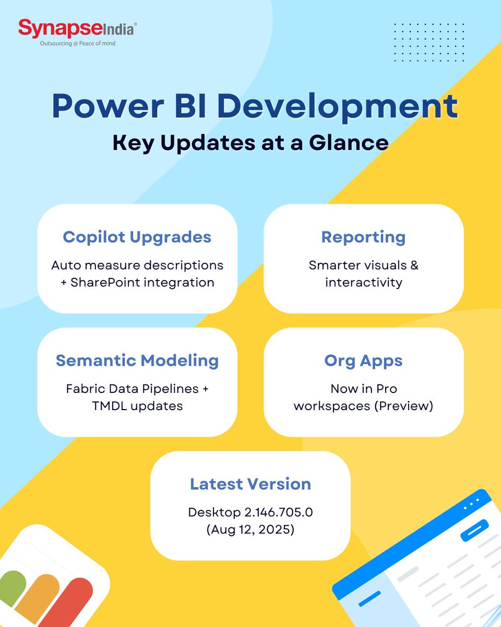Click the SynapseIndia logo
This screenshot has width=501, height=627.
(x=77, y=28)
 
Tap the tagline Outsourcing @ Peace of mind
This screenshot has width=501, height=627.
(x=78, y=44)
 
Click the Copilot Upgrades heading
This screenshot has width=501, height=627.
(x=137, y=237)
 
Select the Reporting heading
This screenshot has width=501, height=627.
(x=363, y=237)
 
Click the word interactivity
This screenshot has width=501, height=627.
(x=363, y=283)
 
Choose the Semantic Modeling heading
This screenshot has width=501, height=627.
(x=137, y=361)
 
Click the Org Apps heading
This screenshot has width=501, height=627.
(x=363, y=361)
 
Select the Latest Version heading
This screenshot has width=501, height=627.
(x=250, y=484)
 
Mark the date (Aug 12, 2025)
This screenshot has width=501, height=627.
(x=250, y=530)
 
